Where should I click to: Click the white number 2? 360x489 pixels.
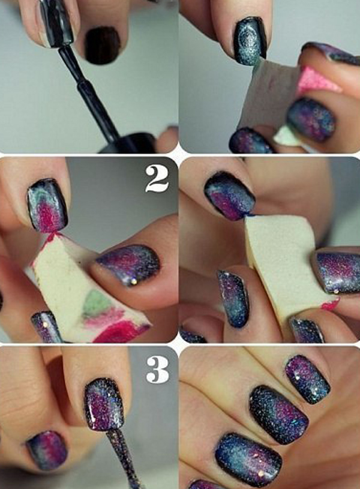[x=157, y=178]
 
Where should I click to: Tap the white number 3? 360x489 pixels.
[x=158, y=370]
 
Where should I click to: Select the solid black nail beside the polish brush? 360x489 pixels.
[x=102, y=45]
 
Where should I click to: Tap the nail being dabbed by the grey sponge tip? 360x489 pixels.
[x=250, y=41]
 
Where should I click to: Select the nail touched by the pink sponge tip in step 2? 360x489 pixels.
[x=48, y=205]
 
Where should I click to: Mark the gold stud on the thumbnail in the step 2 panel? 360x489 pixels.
[x=134, y=281]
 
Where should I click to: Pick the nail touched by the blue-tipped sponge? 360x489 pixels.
[x=229, y=195]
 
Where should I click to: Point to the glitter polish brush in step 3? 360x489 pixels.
[x=122, y=458]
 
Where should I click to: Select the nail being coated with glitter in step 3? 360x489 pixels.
[x=105, y=404]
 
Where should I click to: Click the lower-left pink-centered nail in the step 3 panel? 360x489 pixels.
[x=47, y=449]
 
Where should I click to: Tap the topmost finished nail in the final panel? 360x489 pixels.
[x=307, y=379]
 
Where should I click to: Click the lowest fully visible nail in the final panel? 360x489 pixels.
[x=248, y=455]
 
